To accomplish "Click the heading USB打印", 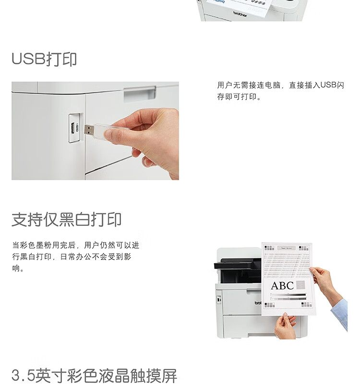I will pos(44,59).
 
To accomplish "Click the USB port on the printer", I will pos(73,128).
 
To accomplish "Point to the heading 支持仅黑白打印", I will pos(66,219).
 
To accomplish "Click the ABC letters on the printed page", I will pos(282,286).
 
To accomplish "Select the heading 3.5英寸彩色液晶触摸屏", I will pos(94,375).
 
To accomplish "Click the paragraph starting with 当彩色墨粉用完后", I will pos(75,257).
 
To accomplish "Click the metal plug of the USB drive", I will pos(89,129).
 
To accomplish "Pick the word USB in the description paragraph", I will pos(329,85).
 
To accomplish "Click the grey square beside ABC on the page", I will pos(300,285).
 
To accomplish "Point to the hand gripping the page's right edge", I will pos(322,281).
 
